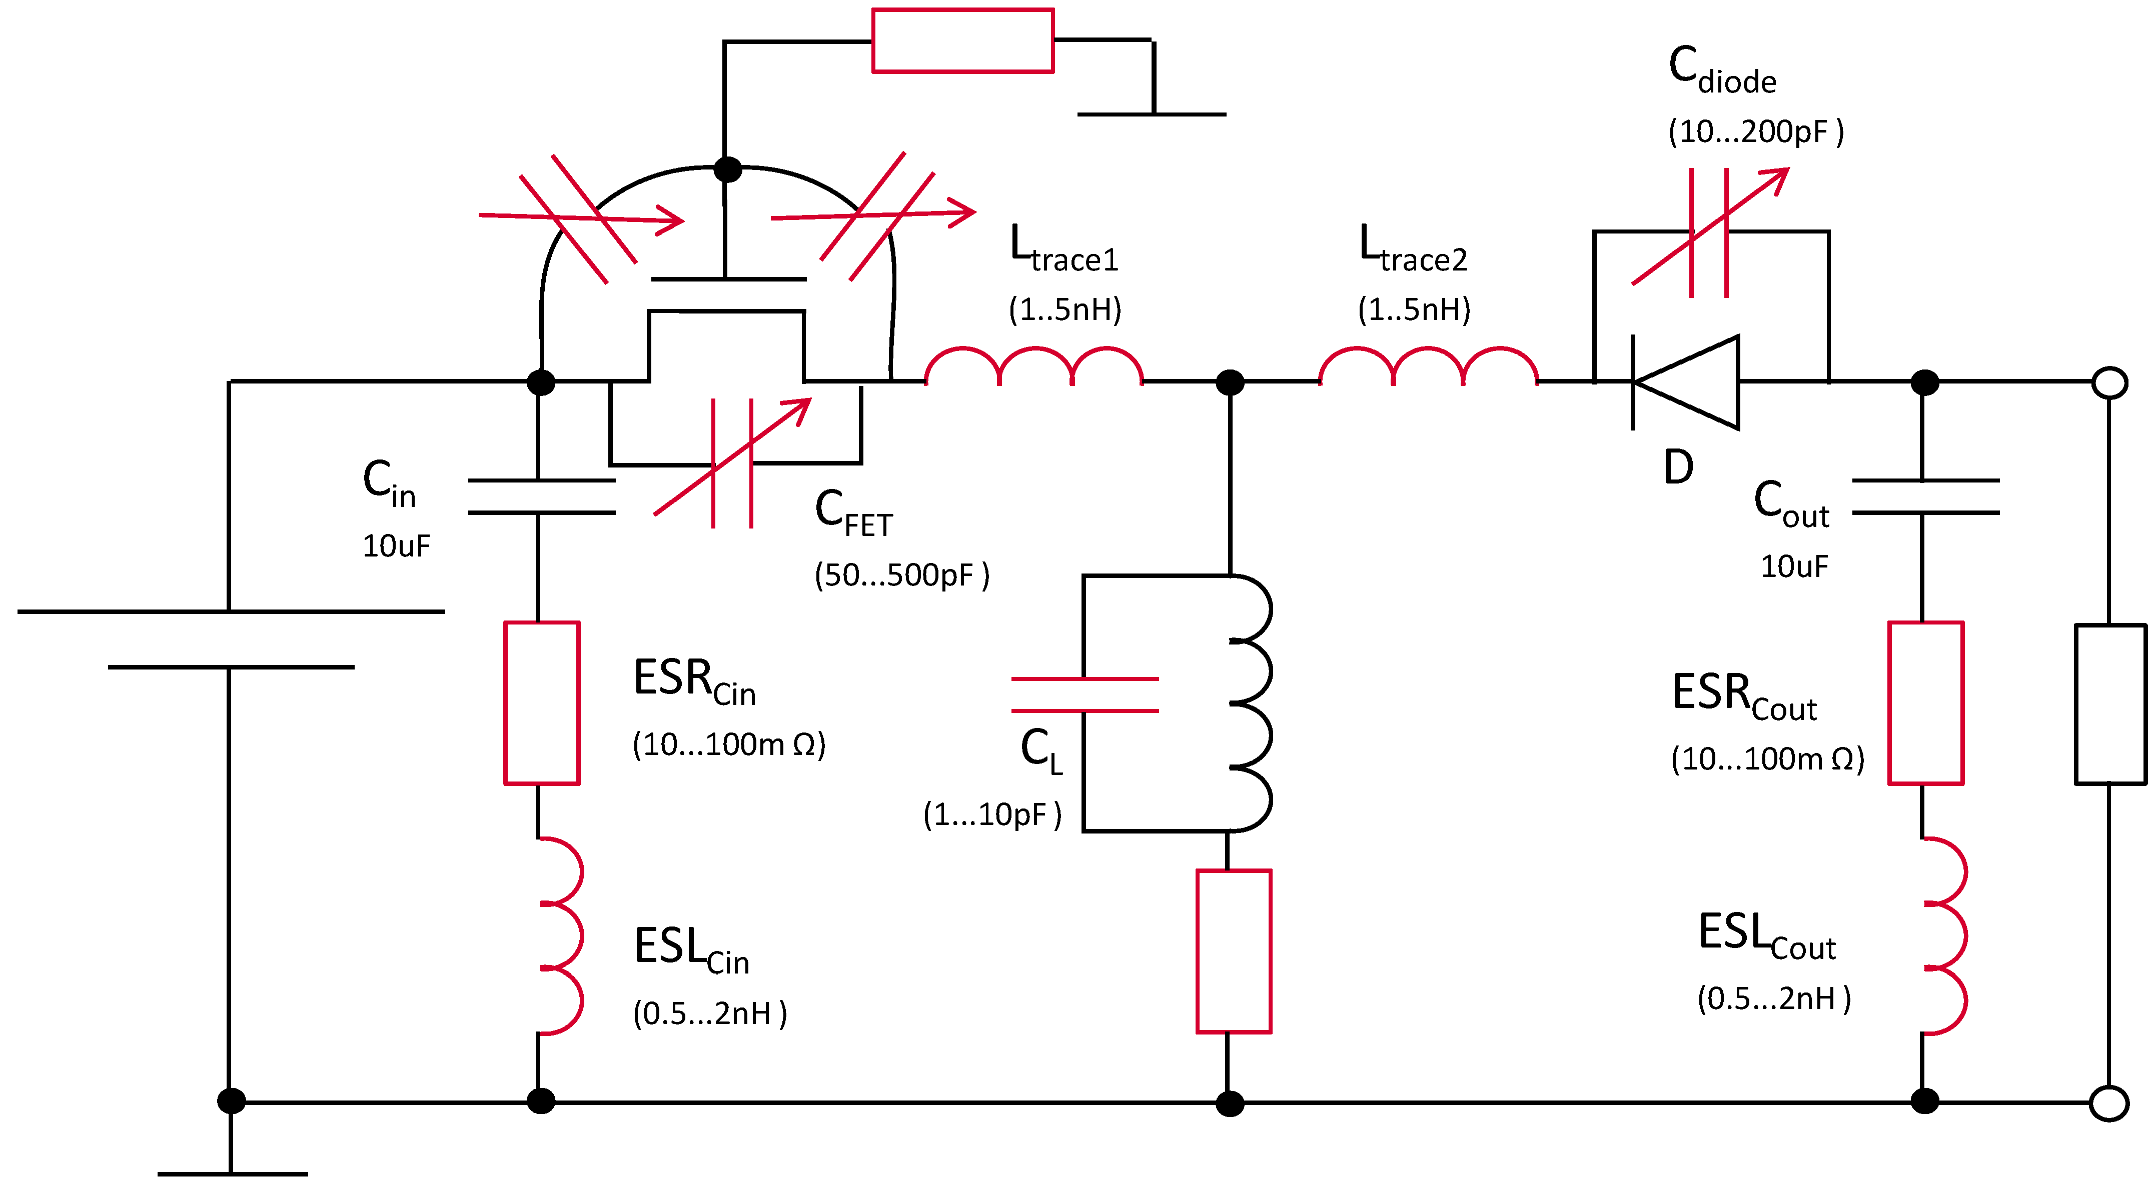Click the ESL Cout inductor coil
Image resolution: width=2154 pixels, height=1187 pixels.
1943,935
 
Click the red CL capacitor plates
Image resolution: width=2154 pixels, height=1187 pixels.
1085,694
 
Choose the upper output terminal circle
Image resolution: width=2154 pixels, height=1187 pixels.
2109,383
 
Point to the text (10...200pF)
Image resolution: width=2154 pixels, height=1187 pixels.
1756,131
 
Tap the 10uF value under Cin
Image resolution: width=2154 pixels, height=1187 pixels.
396,546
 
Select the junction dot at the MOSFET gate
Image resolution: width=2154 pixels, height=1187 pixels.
727,169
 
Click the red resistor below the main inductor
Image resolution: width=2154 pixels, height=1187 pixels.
1234,951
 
